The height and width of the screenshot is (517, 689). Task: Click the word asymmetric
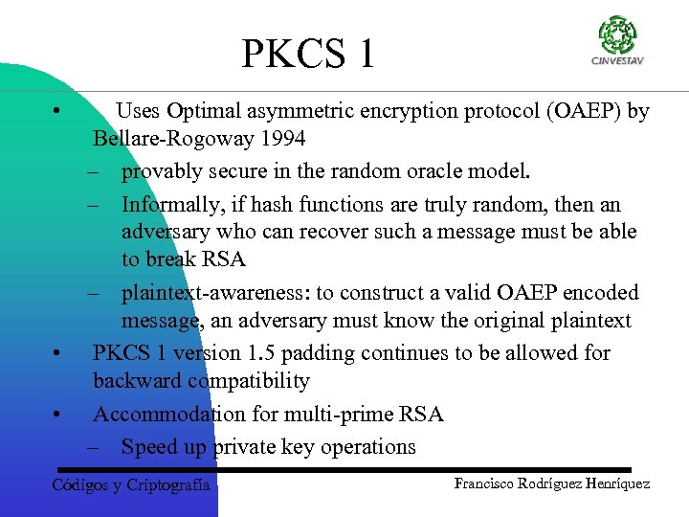click(x=294, y=111)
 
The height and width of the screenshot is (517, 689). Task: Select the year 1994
click(x=279, y=139)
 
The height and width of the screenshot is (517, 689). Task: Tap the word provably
click(x=161, y=171)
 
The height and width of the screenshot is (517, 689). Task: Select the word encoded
click(x=604, y=292)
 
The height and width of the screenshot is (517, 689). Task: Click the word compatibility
click(x=249, y=381)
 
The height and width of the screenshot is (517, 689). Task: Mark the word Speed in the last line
click(x=148, y=446)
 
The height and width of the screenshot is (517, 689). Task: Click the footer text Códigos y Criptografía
click(x=130, y=485)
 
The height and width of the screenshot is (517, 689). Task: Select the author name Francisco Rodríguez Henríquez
click(x=552, y=483)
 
